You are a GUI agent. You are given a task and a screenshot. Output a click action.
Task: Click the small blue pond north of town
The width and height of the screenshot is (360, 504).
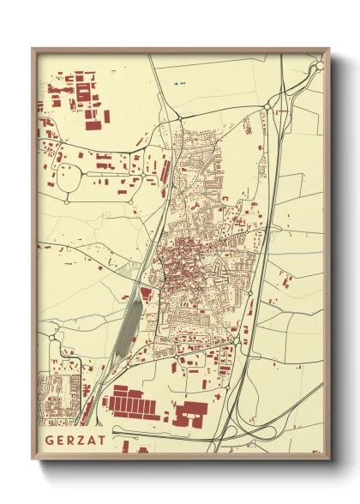178,83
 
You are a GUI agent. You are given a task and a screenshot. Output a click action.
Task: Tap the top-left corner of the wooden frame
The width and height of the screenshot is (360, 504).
33,50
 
